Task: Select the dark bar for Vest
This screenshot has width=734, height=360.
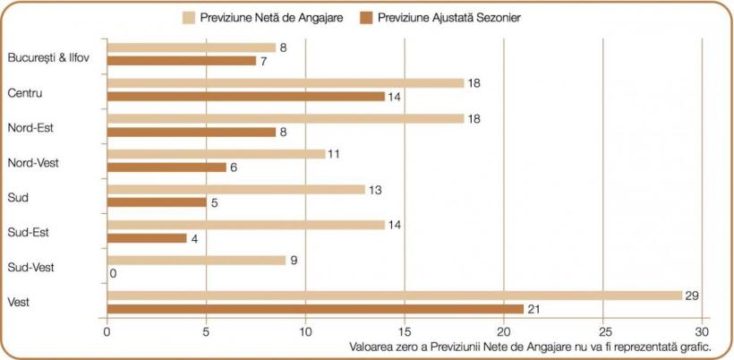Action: (315, 309)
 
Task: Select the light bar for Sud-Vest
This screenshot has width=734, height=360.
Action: (196, 261)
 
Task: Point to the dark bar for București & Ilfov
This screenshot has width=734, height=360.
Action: (181, 61)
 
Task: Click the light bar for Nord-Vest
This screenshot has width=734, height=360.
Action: (216, 154)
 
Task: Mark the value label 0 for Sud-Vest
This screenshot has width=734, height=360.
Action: (113, 274)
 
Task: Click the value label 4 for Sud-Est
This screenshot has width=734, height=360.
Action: (194, 238)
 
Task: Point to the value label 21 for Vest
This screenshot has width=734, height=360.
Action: (535, 309)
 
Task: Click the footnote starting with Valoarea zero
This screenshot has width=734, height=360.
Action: (527, 347)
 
